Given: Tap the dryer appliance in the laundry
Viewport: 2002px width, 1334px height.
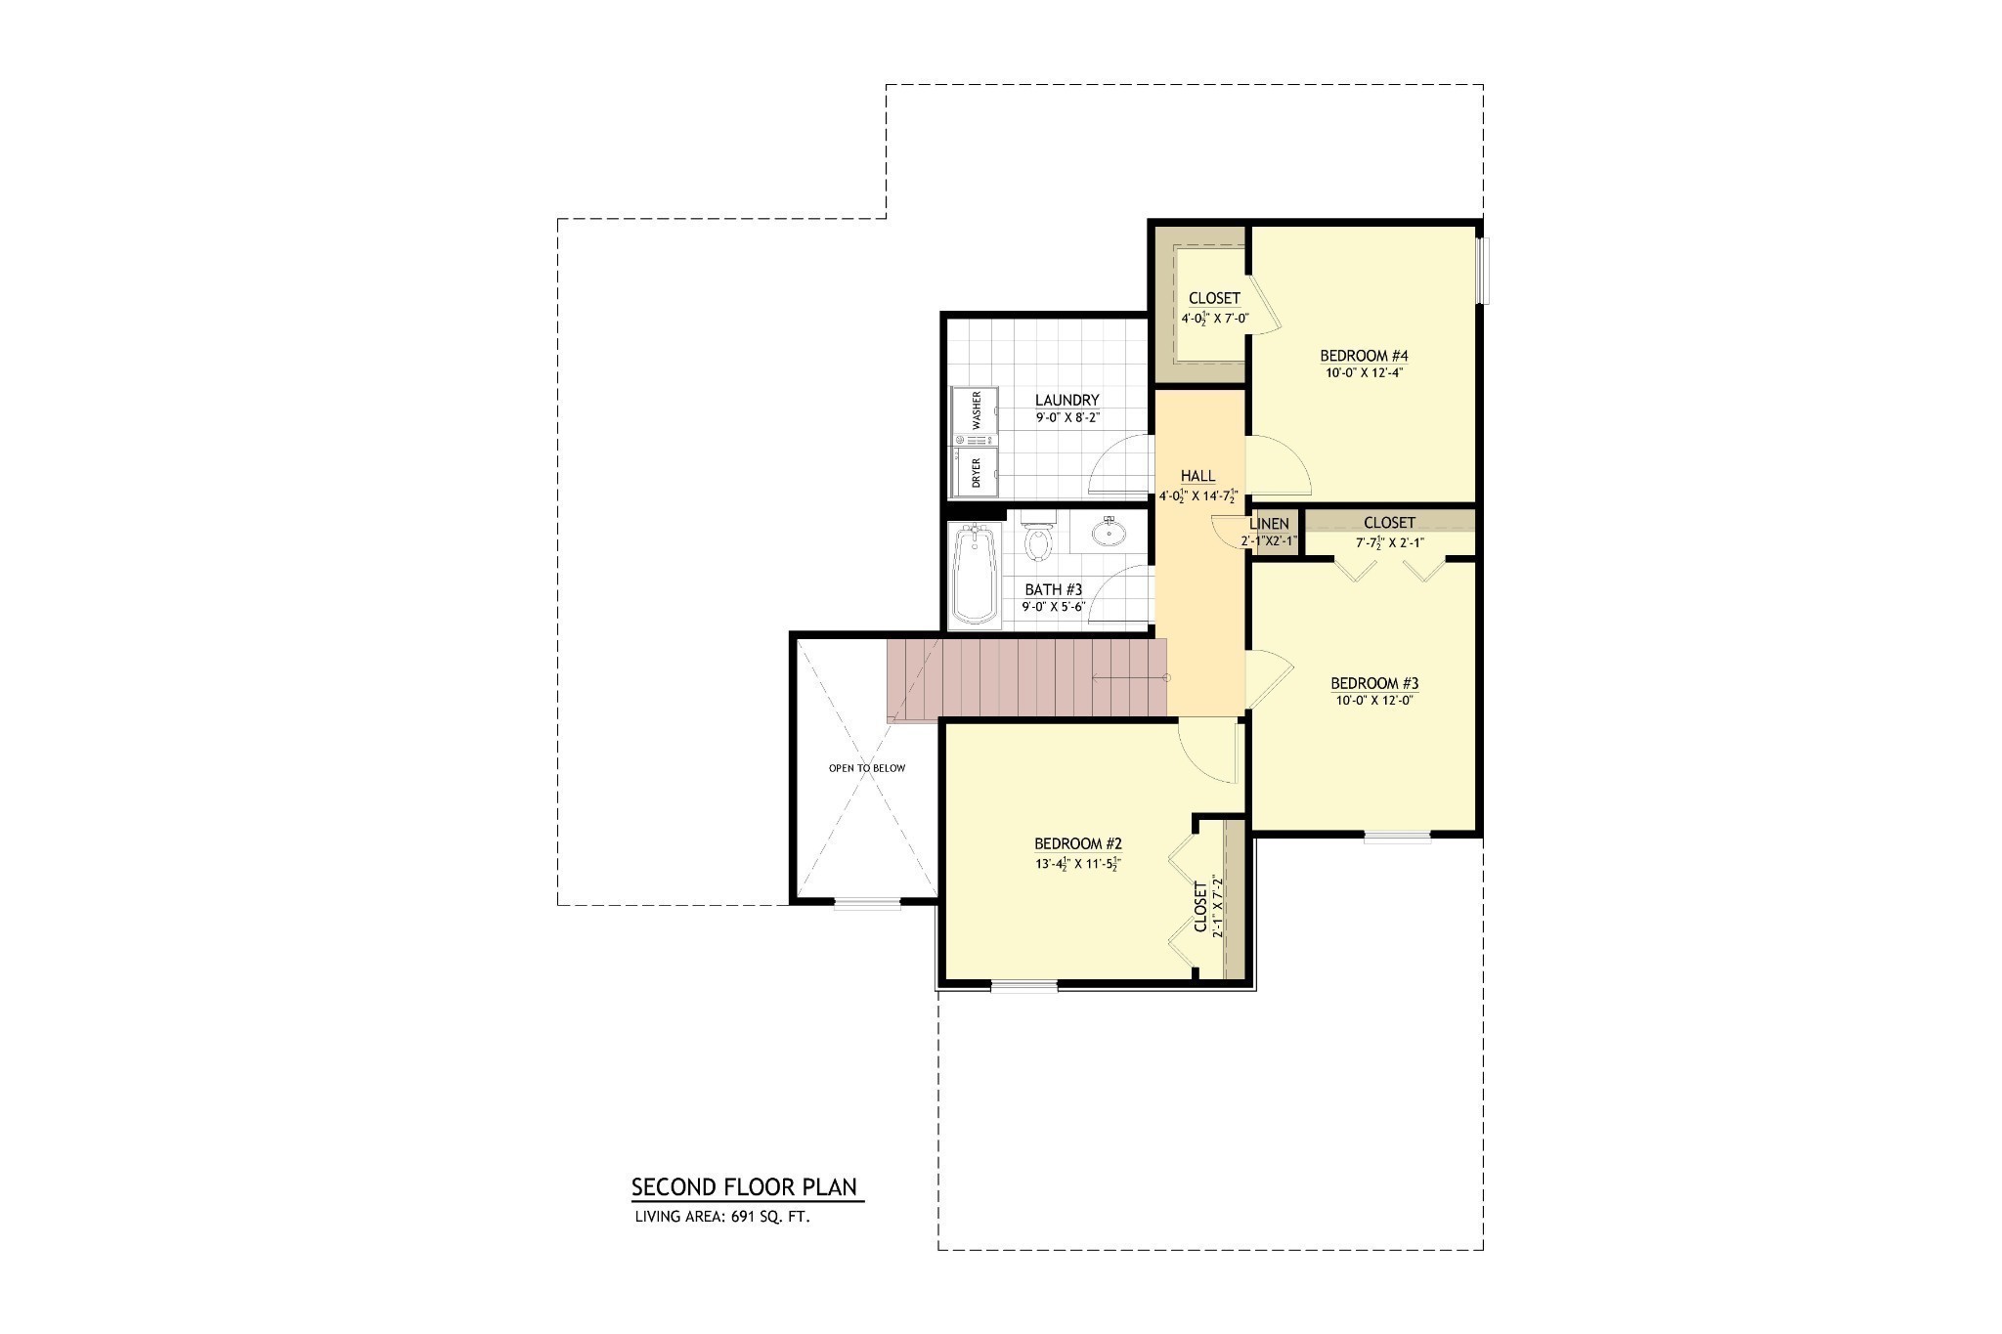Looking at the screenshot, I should point(976,471).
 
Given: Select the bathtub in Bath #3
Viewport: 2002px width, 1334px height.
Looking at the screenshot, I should point(974,575).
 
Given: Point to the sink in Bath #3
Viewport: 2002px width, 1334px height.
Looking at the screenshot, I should point(1110,533).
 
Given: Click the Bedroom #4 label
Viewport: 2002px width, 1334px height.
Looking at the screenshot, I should point(1365,356).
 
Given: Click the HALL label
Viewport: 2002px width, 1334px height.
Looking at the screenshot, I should point(1197,476).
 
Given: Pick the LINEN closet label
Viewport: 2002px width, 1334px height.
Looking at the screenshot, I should point(1269,524).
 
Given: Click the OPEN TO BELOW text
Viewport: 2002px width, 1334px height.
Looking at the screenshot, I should point(867,768).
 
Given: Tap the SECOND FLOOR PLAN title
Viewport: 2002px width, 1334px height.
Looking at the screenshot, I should point(744,1187).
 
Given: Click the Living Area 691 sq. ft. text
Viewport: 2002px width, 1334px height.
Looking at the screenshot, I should point(722,1218).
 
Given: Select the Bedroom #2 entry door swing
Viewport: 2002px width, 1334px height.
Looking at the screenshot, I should point(1208,751).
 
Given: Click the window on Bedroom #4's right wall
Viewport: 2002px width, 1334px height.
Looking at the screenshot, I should point(1483,271).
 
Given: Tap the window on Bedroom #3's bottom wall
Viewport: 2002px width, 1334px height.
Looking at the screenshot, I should point(1398,837).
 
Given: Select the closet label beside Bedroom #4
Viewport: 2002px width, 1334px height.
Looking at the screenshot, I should point(1214,298).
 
